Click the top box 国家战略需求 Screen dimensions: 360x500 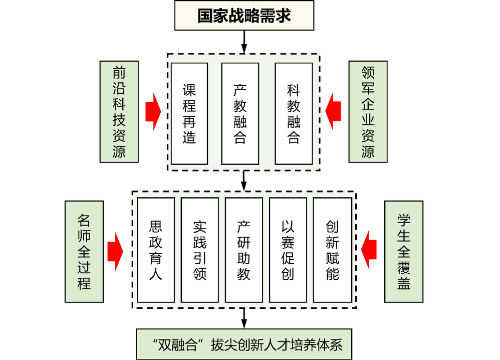[x=244, y=16]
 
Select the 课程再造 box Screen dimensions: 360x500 [x=189, y=113]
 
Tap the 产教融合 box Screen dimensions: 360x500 [x=240, y=113]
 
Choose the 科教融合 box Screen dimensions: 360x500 [x=294, y=113]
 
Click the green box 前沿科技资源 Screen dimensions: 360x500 [x=119, y=112]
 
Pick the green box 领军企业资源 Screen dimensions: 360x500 [x=368, y=112]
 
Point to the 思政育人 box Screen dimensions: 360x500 [x=156, y=250]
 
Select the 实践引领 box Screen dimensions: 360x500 [x=199, y=250]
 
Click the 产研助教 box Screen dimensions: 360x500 [x=244, y=250]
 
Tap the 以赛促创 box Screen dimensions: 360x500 [x=288, y=250]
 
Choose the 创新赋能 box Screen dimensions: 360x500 [x=332, y=250]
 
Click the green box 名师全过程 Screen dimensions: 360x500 [x=84, y=252]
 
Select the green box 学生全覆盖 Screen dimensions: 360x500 [x=404, y=252]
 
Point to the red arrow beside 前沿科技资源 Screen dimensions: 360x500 [x=153, y=111]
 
